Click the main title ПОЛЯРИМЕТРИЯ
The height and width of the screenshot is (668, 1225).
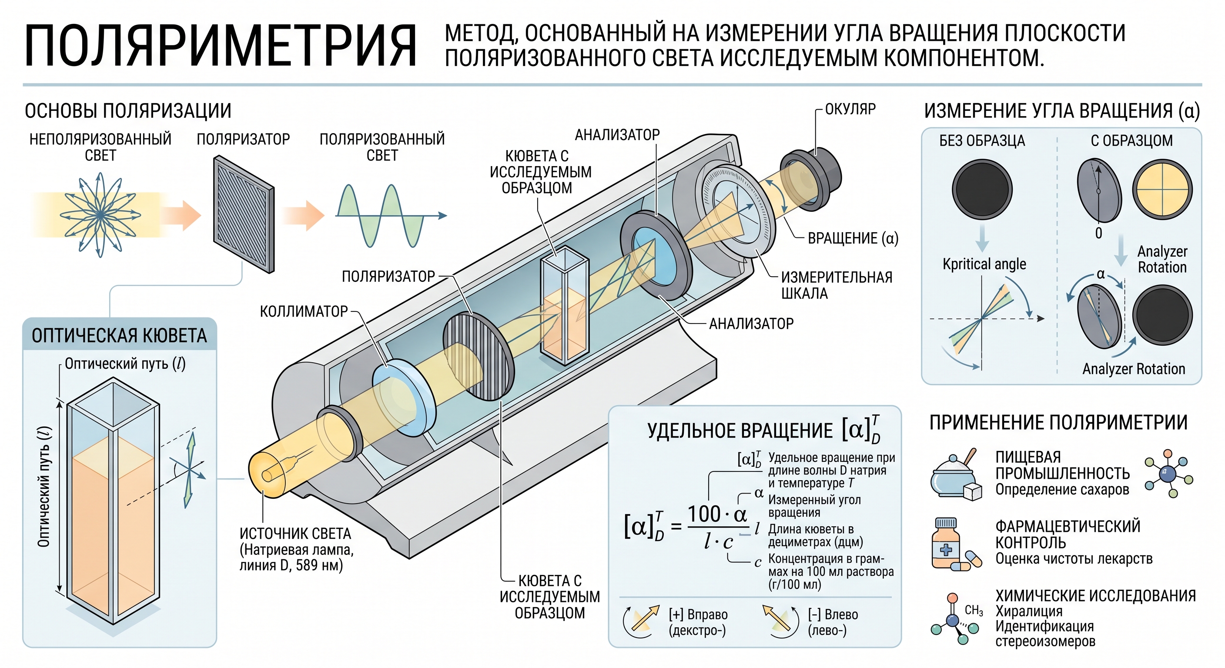221,46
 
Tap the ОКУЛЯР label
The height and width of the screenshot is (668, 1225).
850,109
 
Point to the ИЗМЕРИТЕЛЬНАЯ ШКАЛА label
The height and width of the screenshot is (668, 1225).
837,285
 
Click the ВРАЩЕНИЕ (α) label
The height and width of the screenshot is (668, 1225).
853,238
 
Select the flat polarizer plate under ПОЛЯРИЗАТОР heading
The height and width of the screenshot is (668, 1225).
244,214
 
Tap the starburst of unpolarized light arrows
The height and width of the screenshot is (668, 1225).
100,215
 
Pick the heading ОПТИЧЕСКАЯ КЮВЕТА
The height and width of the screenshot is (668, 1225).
119,336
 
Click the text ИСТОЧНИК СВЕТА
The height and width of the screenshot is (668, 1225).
295,534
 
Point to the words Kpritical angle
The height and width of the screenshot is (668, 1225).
984,264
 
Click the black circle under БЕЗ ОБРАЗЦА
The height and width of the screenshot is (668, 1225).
982,189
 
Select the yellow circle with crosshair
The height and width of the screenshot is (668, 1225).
1162,189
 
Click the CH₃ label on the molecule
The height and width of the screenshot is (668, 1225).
974,611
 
